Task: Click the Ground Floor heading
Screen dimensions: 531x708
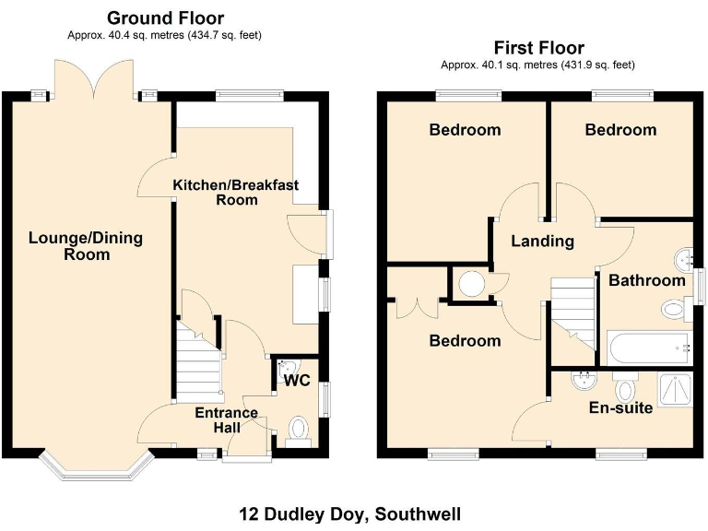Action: pyautogui.click(x=165, y=18)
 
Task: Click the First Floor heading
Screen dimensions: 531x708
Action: pyautogui.click(x=538, y=48)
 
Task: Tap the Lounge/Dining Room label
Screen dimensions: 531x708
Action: pyautogui.click(x=86, y=246)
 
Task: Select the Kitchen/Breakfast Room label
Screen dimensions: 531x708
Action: pyautogui.click(x=236, y=192)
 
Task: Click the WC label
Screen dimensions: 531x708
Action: pyautogui.click(x=295, y=380)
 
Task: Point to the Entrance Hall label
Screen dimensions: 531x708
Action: pyautogui.click(x=227, y=420)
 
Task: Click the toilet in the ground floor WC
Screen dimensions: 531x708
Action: pyautogui.click(x=299, y=429)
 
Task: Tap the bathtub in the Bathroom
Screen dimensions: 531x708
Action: pyautogui.click(x=647, y=348)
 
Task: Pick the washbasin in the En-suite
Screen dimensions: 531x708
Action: pyautogui.click(x=582, y=379)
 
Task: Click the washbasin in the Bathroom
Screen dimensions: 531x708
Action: pyautogui.click(x=682, y=255)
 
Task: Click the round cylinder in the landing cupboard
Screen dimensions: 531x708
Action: pyautogui.click(x=473, y=284)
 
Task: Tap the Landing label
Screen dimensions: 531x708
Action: pyautogui.click(x=543, y=242)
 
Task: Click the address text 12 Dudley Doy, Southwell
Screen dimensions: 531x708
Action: pyautogui.click(x=350, y=513)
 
